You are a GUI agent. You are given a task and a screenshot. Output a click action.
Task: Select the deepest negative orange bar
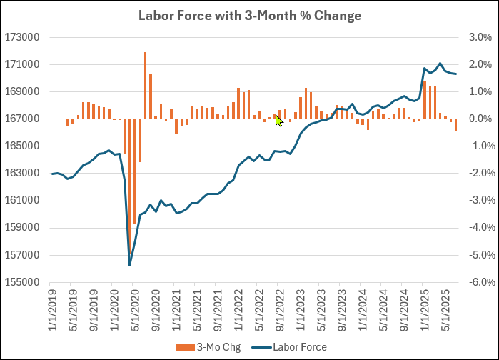click(135, 171)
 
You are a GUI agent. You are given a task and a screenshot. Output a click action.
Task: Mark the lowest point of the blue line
click(130, 266)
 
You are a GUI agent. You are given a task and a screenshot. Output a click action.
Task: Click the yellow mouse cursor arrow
click(279, 121)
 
